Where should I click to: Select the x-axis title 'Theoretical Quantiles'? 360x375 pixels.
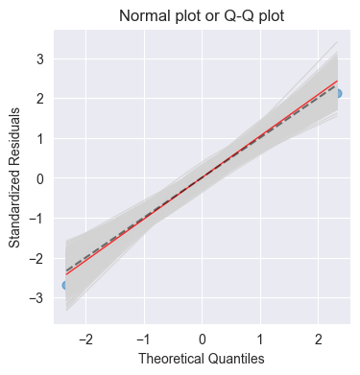[202, 358]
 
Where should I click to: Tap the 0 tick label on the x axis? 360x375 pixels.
[202, 339]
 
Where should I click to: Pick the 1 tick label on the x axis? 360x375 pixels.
[260, 339]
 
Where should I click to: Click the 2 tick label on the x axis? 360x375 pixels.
[319, 339]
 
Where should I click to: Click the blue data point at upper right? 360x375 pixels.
[337, 93]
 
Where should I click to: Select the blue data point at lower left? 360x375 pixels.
[65, 285]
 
